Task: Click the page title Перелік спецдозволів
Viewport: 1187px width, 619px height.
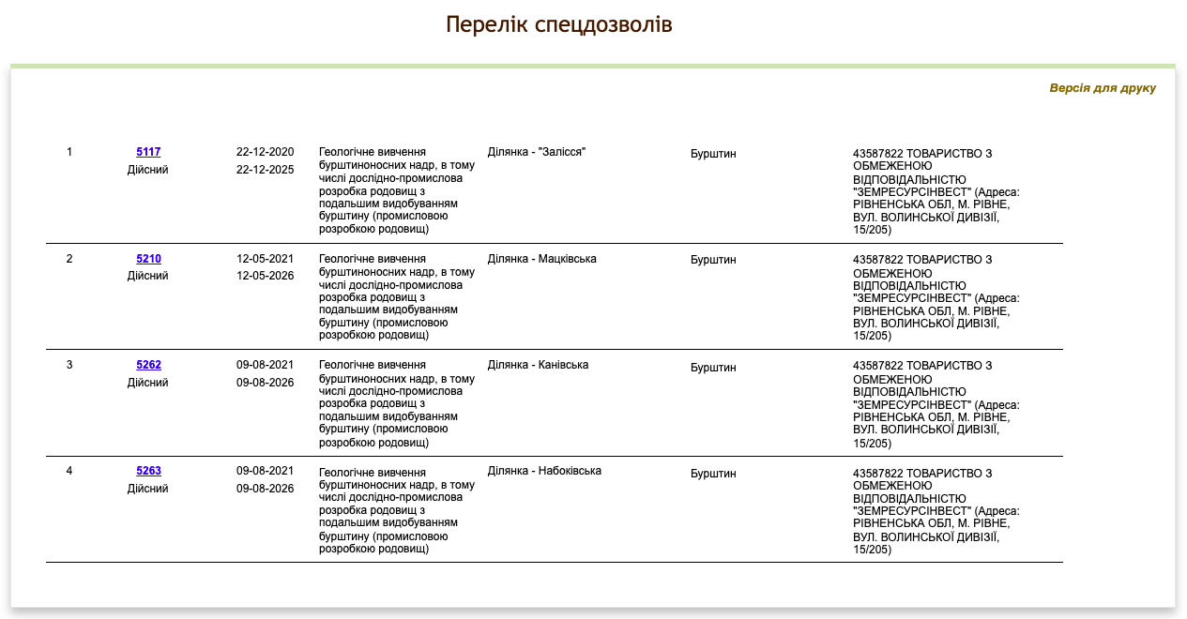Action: tap(558, 24)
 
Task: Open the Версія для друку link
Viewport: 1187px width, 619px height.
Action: tap(1102, 88)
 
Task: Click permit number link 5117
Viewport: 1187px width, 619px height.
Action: tap(148, 152)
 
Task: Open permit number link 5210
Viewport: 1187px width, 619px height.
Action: tap(148, 259)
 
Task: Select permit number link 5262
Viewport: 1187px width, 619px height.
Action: tap(148, 365)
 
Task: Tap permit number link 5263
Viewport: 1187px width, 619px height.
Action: tap(148, 471)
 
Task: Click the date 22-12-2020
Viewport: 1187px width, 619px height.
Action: tap(265, 152)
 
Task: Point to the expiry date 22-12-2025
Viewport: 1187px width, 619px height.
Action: tap(265, 170)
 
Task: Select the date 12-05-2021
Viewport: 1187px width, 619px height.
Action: tap(265, 259)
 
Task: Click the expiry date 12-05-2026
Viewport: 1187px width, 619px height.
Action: tap(265, 276)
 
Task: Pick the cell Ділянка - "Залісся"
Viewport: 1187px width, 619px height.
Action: tap(536, 152)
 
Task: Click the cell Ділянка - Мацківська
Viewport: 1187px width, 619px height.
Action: tap(541, 259)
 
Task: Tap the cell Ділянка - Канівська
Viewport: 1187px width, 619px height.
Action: tap(538, 365)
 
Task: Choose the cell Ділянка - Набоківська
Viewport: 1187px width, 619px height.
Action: tap(544, 471)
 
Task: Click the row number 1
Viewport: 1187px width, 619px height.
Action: tap(69, 152)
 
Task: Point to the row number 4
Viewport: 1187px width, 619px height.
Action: tap(69, 471)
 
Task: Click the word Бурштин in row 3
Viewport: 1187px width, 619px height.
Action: tap(713, 368)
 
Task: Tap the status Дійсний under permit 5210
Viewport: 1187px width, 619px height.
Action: tap(148, 276)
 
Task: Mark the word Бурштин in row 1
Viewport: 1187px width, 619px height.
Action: tap(713, 154)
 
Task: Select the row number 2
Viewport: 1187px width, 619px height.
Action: tap(69, 259)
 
